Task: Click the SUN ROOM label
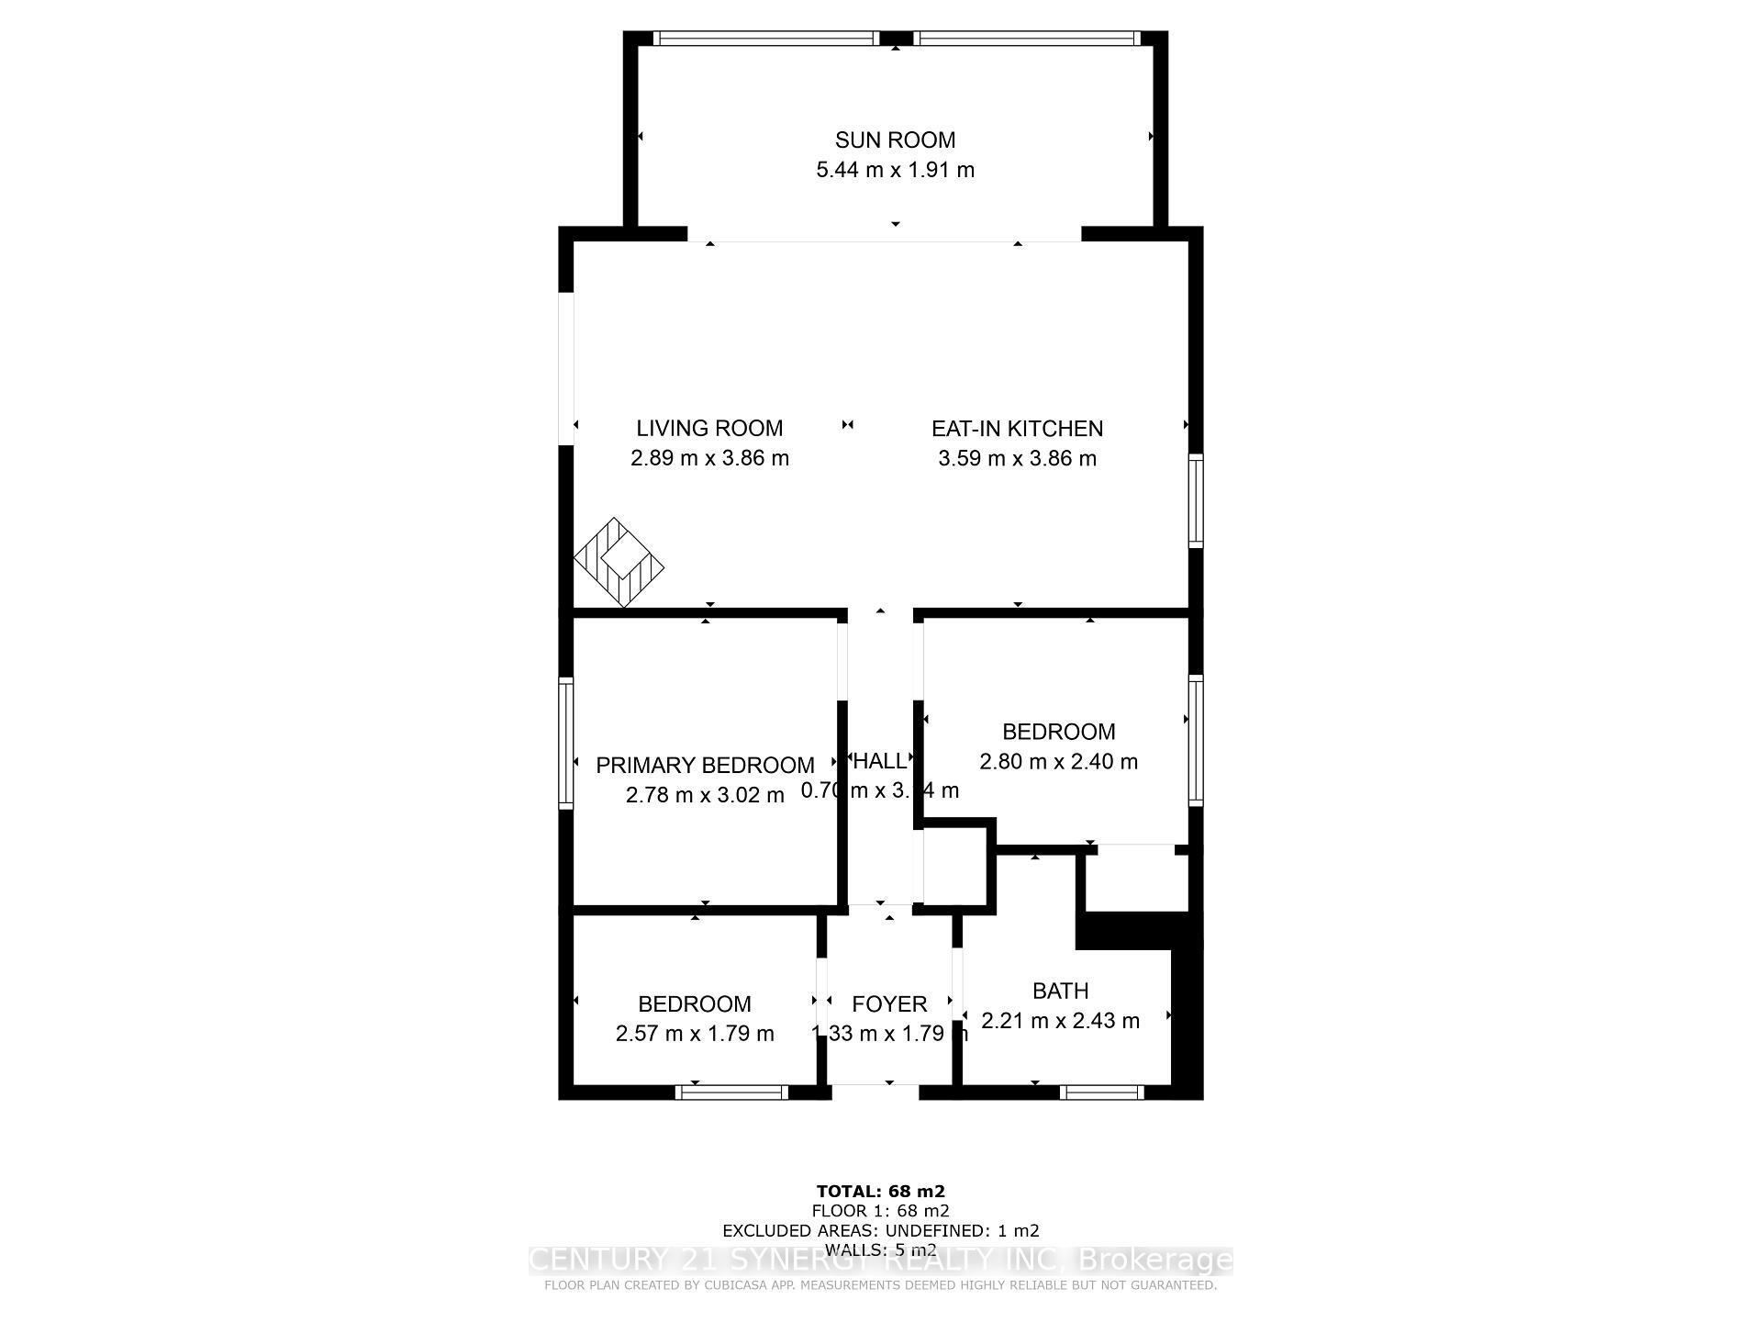895,140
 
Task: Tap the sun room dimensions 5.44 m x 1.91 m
895,170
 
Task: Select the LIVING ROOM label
709,428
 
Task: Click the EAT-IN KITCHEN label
1017,428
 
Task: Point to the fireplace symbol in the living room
619,562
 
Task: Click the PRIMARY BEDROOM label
705,765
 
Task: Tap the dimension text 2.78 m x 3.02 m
705,795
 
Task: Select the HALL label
879,760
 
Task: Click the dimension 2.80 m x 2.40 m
1058,762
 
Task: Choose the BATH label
1060,991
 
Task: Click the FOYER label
888,1003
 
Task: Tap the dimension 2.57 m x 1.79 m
695,1034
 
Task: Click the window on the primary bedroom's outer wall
566,743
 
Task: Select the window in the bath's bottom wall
1101,1092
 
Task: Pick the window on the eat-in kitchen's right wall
1195,500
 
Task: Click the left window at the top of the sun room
766,39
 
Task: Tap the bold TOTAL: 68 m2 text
880,1192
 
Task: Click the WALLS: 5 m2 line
880,1249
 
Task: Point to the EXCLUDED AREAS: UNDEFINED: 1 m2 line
880,1230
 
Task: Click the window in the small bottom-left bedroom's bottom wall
731,1092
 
